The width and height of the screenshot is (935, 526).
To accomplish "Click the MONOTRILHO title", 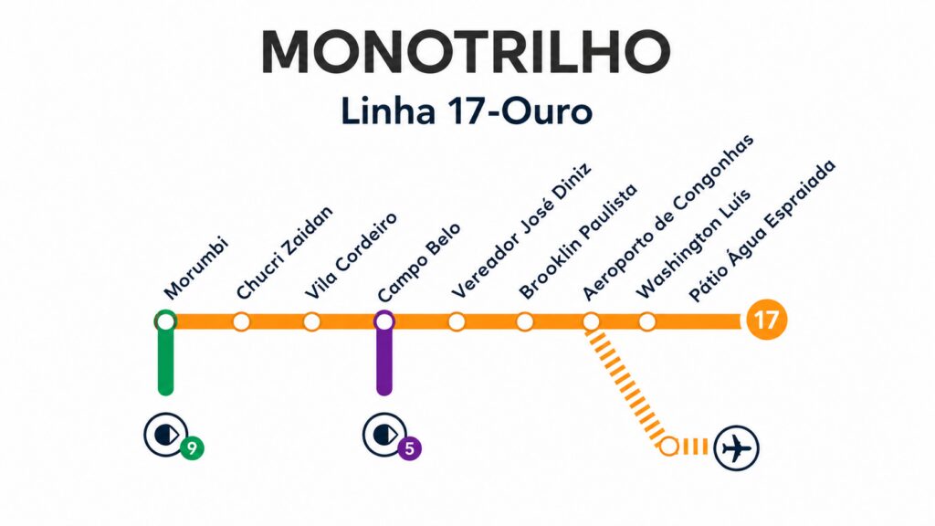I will point(466,52).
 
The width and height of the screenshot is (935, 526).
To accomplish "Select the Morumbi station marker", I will point(165,321).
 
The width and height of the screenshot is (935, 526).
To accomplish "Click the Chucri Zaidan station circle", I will point(241,321).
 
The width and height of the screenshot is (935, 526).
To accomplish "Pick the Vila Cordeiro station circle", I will point(311,321).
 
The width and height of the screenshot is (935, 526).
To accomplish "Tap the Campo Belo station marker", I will point(384,321).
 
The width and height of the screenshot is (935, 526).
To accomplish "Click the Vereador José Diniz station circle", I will point(457,321).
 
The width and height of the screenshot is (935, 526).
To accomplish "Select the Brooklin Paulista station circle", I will point(524,321).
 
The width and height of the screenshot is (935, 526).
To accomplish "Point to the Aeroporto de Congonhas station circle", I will point(591,321).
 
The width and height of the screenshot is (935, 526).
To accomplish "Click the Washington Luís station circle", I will point(647,321).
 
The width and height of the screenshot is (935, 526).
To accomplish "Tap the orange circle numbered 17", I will point(766,321).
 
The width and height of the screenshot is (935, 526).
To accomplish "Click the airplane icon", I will point(736,448).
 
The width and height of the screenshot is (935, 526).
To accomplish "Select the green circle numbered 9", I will point(192,448).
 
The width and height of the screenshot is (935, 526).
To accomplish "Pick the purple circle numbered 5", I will point(410,448).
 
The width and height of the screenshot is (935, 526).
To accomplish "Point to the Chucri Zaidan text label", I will point(285,253).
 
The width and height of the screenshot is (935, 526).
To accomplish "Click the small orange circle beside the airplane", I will point(669,447).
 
